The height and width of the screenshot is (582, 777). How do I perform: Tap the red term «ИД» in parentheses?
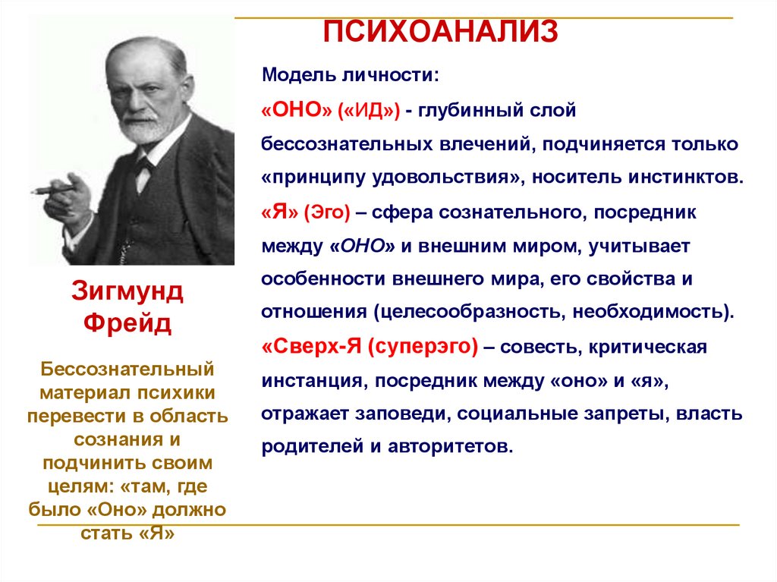tap(370, 110)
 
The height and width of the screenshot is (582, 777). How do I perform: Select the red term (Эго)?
tap(327, 213)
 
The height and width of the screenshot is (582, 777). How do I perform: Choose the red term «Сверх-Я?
tap(312, 347)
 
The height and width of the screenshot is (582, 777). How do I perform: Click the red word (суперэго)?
tap(423, 347)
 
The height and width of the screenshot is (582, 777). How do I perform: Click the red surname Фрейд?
tap(127, 324)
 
